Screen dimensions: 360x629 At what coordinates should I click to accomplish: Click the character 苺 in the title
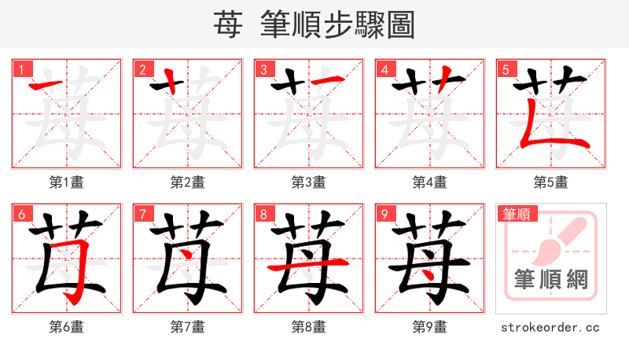(228, 25)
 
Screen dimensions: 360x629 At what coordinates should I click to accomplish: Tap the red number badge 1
(21, 69)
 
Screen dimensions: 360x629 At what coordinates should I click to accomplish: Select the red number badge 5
(506, 69)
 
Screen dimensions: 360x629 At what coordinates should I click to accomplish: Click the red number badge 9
(384, 214)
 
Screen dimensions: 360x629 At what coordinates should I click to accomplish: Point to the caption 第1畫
(67, 182)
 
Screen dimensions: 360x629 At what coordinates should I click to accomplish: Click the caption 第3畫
(309, 182)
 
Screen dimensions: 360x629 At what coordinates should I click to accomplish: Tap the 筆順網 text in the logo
(550, 280)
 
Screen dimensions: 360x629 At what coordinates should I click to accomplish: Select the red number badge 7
(142, 214)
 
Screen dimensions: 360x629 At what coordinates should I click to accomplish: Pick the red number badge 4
(384, 69)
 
